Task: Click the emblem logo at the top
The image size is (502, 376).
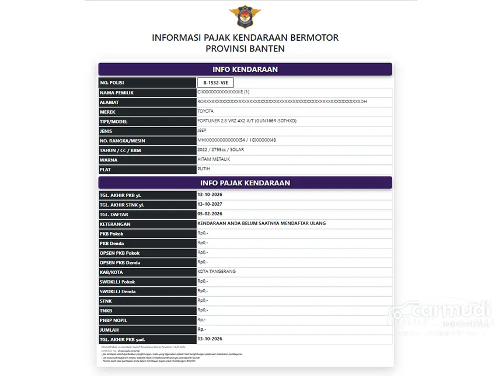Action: click(245, 16)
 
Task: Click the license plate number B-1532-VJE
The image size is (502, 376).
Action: click(215, 83)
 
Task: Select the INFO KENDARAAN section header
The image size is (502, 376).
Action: click(245, 69)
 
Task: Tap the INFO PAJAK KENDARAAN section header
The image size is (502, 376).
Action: click(245, 183)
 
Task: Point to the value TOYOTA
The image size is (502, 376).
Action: click(205, 111)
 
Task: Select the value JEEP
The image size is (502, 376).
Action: click(202, 131)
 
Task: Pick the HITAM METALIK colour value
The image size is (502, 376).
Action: click(214, 160)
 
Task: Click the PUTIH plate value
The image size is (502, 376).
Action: click(204, 170)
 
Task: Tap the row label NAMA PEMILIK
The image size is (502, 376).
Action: click(117, 92)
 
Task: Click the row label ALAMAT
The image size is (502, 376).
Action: click(109, 102)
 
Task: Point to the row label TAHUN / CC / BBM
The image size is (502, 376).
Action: click(121, 150)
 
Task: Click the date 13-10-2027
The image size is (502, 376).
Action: click(210, 205)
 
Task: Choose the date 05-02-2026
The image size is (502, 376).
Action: click(210, 214)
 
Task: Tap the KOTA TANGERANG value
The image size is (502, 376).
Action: click(217, 272)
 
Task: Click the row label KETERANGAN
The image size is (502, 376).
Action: click(115, 224)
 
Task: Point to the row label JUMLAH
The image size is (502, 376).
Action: click(110, 330)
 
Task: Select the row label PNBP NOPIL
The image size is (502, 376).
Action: click(113, 320)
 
